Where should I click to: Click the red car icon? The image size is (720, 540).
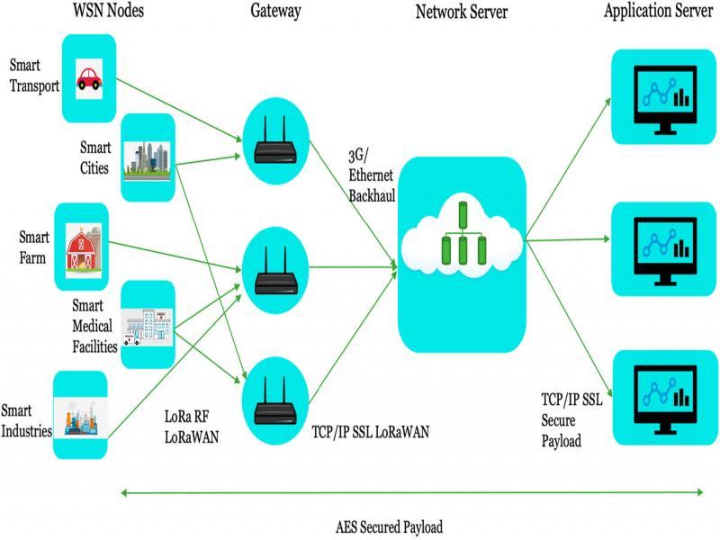(89, 79)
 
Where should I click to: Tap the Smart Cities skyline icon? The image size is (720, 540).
(146, 159)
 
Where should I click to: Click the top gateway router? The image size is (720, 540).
(275, 139)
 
